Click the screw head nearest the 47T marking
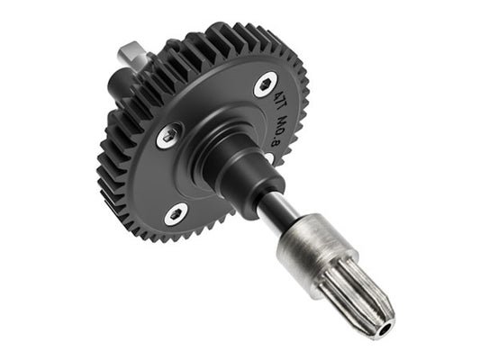coord(264,85)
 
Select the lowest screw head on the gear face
coord(176,213)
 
